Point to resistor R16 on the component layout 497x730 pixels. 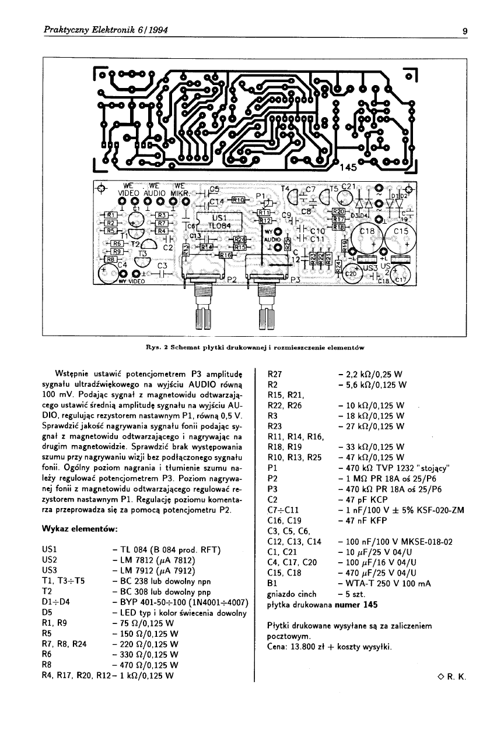[226, 255]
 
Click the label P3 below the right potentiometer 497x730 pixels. [295, 280]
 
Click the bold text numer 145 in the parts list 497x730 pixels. [356, 605]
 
